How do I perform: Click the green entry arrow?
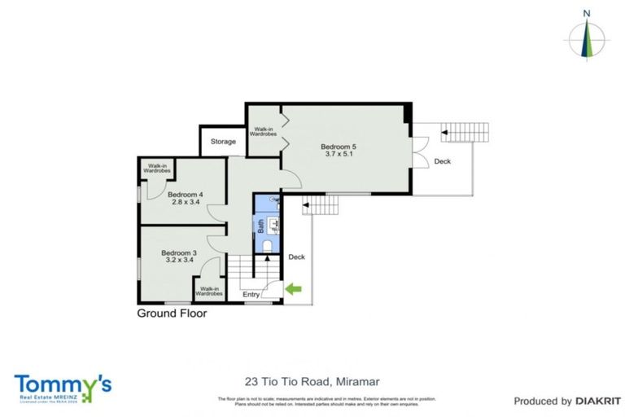click(292, 288)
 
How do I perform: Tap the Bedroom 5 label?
click(340, 147)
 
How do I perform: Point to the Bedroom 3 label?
click(178, 252)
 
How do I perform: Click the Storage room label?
click(223, 142)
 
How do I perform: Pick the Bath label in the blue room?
click(261, 223)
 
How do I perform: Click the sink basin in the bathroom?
click(276, 221)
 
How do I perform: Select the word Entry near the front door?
click(251, 294)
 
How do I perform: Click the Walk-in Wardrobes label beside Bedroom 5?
click(264, 131)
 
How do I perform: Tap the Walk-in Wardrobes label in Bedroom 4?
click(158, 169)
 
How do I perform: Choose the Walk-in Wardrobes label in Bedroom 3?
click(210, 291)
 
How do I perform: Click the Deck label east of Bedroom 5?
click(442, 161)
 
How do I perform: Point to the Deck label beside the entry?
click(296, 257)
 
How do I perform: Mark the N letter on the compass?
click(586, 13)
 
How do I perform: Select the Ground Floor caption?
click(172, 313)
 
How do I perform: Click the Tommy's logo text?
click(63, 383)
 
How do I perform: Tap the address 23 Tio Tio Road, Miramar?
click(312, 380)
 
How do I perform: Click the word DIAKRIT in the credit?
click(598, 401)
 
